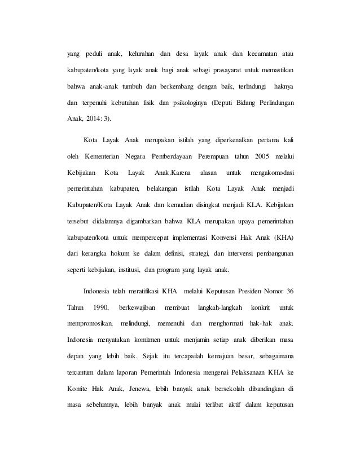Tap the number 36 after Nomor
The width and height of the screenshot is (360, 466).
click(x=289, y=292)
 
